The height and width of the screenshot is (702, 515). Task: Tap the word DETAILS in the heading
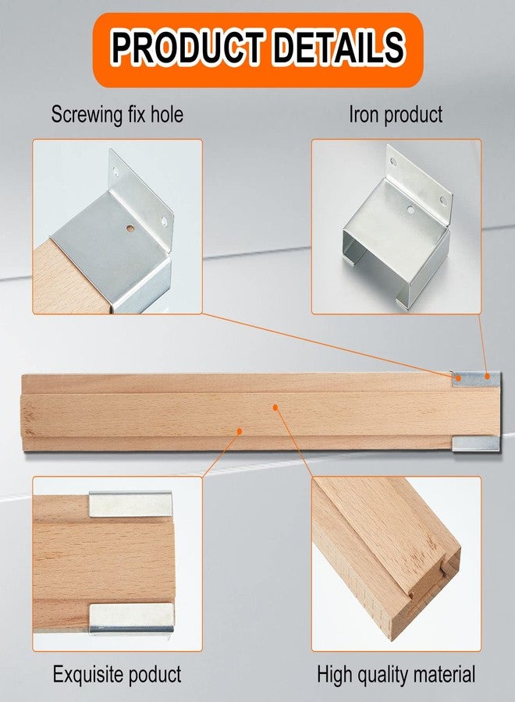[339, 47]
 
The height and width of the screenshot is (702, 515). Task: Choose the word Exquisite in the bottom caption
[87, 674]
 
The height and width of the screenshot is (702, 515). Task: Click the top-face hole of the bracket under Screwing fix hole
[130, 229]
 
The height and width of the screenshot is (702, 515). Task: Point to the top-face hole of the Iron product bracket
[410, 208]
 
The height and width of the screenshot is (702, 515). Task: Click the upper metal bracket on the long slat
[475, 379]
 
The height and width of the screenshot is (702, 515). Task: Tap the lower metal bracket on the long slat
[475, 443]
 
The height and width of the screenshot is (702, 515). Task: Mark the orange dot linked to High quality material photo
[275, 407]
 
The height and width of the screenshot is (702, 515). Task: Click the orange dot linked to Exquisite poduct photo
[240, 431]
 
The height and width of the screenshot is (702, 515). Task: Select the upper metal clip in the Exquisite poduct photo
[130, 504]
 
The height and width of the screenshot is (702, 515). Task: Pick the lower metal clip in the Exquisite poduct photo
[131, 618]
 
